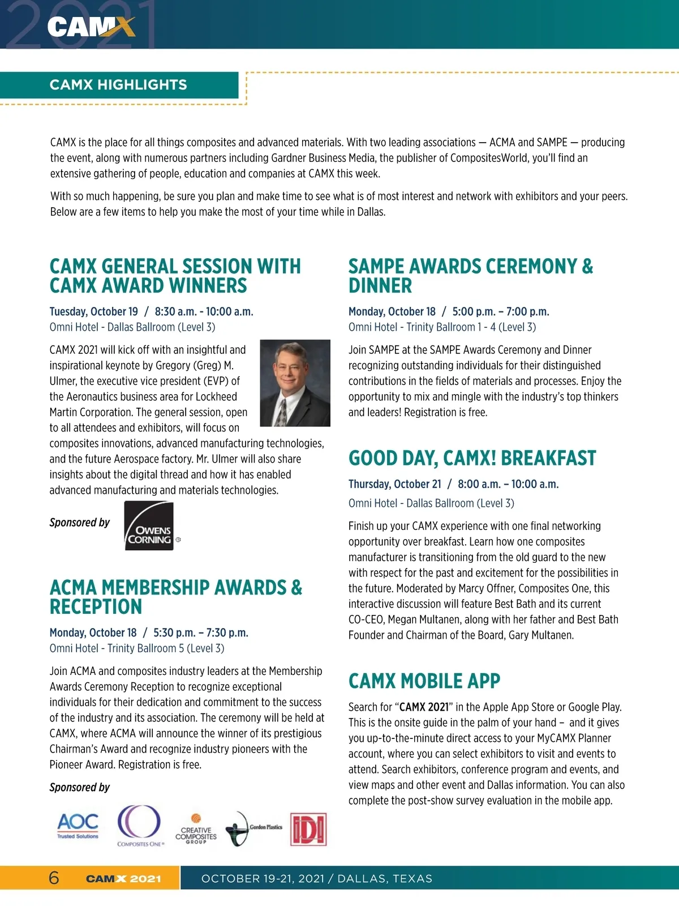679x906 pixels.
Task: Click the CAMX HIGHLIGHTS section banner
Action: coord(118,85)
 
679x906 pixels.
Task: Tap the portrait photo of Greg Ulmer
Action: coord(295,383)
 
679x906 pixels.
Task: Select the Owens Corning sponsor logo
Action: coord(149,525)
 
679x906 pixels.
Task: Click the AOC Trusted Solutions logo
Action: coord(78,826)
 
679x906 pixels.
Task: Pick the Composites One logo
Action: coord(140,826)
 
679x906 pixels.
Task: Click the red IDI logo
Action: coord(308,830)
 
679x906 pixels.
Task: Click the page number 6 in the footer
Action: coord(54,878)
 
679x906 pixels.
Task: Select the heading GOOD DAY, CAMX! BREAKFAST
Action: coord(472,458)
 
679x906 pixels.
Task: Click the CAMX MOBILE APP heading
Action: coord(424,681)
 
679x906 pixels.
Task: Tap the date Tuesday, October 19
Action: coord(94,311)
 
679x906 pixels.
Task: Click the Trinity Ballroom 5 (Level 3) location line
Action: coord(166,648)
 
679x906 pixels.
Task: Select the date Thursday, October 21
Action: coord(394,484)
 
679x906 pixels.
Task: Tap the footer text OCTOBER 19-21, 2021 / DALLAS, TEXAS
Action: coord(317,879)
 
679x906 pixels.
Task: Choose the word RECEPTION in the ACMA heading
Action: coord(96,607)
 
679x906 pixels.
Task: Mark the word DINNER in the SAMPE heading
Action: coord(380,286)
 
